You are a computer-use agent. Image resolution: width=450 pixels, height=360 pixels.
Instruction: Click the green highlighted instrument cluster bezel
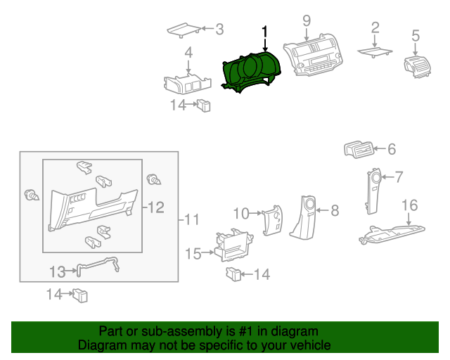pos(252,72)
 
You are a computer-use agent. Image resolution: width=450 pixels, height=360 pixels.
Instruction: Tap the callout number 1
pos(265,32)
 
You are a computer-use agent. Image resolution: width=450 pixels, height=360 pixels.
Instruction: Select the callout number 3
pos(219,30)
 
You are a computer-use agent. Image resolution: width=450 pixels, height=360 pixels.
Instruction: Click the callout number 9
pos(307,21)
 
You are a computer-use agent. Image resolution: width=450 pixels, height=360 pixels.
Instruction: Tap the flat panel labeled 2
pos(375,51)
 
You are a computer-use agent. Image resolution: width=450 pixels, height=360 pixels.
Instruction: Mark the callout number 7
pos(398,176)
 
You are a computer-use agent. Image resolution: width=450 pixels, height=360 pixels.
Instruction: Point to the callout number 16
pos(409,205)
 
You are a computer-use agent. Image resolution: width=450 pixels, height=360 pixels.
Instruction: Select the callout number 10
pos(241,212)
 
